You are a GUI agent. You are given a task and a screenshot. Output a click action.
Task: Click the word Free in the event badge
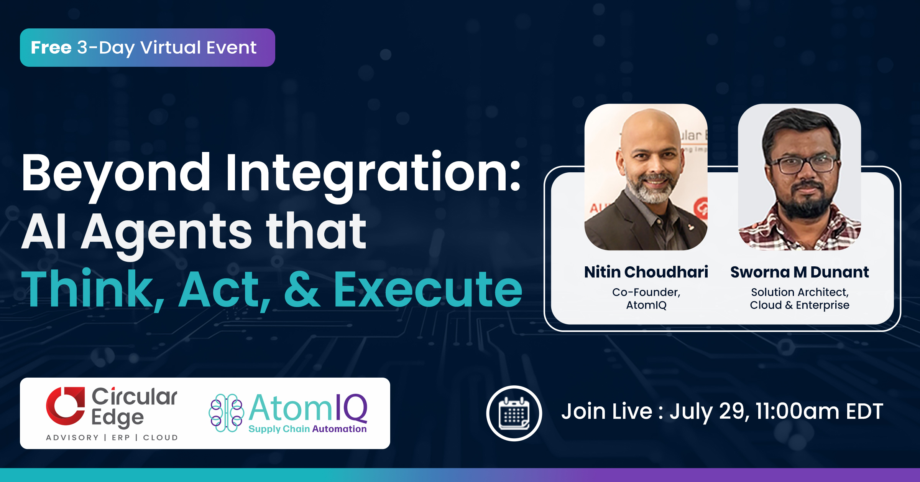point(51,48)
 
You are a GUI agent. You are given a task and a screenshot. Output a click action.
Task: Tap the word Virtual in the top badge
point(171,48)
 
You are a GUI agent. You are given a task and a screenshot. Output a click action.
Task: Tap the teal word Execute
point(428,290)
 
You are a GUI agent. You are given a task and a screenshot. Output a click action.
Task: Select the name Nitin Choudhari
point(646,272)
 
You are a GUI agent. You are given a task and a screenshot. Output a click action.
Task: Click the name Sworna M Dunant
point(800,272)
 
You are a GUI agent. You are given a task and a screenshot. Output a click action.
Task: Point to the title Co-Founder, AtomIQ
point(646,299)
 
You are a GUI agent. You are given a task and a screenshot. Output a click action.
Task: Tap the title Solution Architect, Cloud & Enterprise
point(800,299)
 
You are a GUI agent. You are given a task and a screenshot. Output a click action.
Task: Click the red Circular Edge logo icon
point(66,406)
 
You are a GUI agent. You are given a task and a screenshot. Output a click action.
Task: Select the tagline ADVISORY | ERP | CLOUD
point(112,437)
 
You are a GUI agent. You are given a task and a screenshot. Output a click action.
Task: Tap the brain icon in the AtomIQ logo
point(226,413)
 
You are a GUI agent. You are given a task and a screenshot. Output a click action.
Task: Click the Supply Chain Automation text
point(307,429)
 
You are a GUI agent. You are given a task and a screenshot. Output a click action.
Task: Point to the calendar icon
point(514,413)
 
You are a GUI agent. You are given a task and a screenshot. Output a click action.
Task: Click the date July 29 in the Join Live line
point(709,412)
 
